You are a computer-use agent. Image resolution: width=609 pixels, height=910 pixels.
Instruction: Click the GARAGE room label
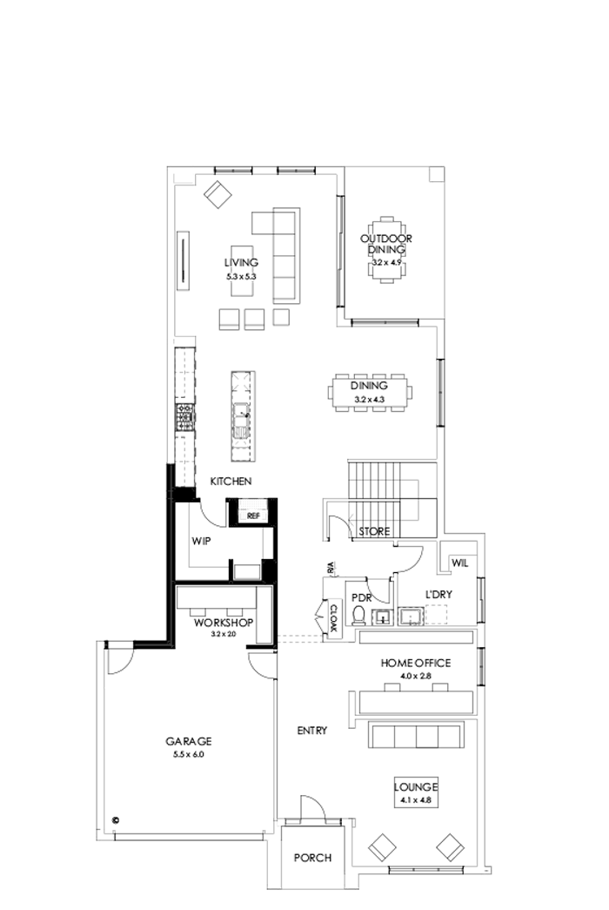(188, 741)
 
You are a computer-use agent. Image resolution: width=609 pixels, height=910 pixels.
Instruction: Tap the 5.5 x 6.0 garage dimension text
(188, 754)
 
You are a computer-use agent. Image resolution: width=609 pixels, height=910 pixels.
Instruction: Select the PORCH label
(312, 858)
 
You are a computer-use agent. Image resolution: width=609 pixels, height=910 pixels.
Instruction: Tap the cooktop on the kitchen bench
(184, 417)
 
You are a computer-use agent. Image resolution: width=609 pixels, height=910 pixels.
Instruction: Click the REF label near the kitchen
(253, 516)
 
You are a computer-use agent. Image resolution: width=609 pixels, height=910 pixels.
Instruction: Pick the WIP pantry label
(203, 540)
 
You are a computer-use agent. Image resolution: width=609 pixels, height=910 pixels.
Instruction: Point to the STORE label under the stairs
(375, 530)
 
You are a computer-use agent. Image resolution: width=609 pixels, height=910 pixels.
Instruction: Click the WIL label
(459, 563)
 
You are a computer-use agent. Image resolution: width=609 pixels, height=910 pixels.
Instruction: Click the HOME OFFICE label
(415, 663)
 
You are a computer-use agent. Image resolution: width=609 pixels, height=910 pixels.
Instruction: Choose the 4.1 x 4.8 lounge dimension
(414, 799)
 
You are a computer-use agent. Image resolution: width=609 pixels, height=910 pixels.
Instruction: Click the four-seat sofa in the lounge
(414, 736)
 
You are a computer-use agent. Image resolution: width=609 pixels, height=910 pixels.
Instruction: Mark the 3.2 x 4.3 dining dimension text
(369, 399)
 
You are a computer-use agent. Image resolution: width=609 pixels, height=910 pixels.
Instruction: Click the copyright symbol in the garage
(115, 819)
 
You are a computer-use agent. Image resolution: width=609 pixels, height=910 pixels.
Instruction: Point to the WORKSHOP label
(223, 623)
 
